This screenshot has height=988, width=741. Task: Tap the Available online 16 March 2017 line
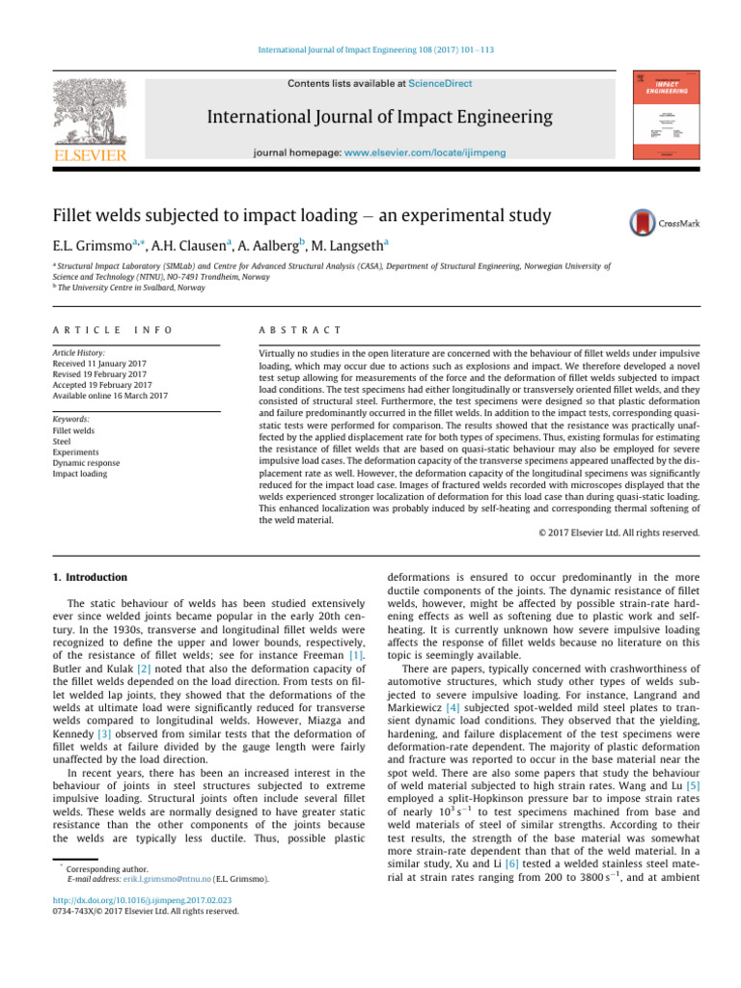(x=110, y=396)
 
